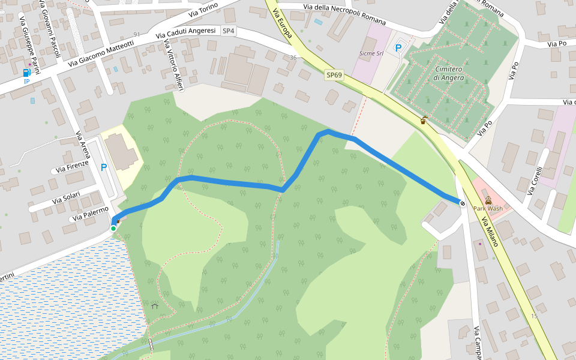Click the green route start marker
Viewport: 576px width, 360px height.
pos(113,228)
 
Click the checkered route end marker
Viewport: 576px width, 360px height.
pos(462,203)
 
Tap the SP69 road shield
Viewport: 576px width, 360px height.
pos(334,75)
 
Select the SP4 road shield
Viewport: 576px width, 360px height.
pos(229,31)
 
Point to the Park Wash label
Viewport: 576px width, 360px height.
pos(488,209)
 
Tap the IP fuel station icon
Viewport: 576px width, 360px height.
pos(27,73)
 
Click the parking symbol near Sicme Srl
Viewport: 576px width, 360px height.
pos(398,47)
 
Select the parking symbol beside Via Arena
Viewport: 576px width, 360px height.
pos(104,167)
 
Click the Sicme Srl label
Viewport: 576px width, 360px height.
pos(371,53)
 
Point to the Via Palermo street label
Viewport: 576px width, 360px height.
pos(88,213)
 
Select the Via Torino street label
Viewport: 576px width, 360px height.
pos(203,9)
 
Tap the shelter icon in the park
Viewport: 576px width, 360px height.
pos(155,306)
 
